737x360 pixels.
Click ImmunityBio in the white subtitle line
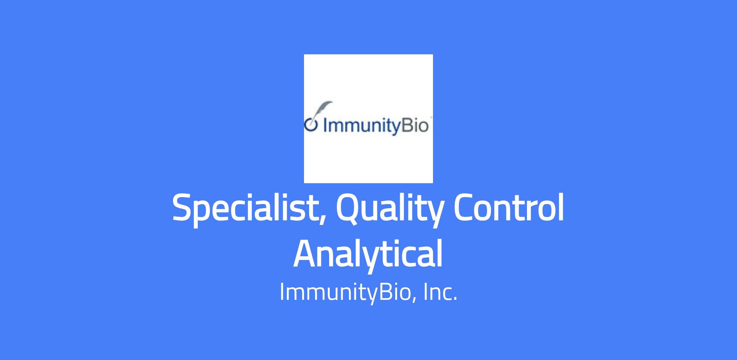(345, 292)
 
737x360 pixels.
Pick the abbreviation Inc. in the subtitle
(440, 292)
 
